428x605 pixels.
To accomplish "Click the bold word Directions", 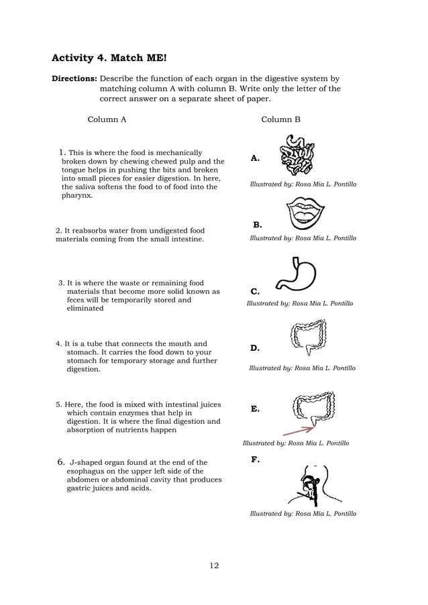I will [74, 78].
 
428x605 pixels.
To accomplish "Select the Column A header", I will [107, 119].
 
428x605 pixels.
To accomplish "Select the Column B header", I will [280, 119].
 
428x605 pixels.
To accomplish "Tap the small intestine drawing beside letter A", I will [297, 155].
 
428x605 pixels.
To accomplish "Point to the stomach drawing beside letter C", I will [295, 275].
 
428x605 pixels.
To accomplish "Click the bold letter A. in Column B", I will [255, 159].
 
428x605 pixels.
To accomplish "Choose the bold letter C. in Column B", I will [255, 292].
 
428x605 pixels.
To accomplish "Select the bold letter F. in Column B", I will [255, 459].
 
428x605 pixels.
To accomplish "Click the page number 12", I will [213, 565].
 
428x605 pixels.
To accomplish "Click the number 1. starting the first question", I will [62, 152].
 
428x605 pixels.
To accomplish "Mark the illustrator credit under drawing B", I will [303, 238].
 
